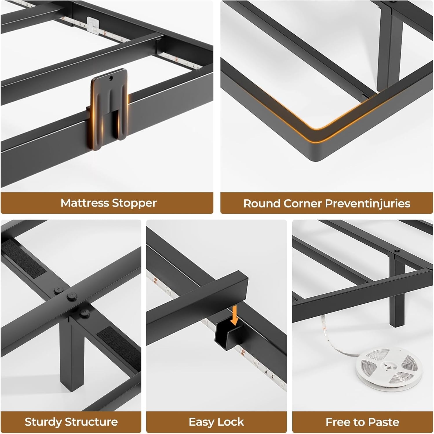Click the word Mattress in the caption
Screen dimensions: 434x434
coord(85,203)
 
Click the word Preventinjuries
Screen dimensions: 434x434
coord(368,203)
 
